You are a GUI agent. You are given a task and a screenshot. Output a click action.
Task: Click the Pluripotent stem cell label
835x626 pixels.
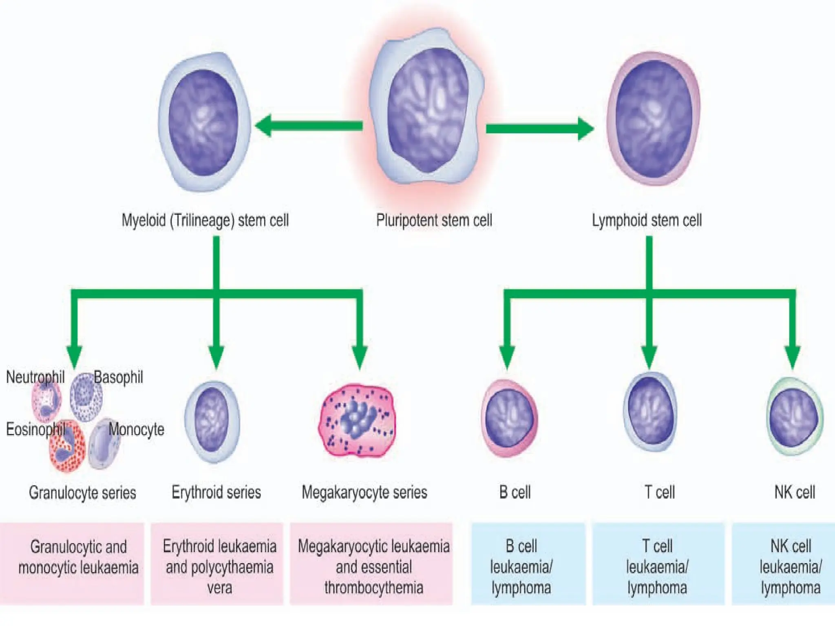[434, 220]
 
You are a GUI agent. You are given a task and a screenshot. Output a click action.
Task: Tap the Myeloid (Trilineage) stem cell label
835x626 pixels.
[205, 220]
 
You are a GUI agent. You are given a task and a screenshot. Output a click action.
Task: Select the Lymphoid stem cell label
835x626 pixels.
[647, 220]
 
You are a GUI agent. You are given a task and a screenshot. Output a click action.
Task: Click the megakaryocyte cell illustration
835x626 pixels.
[357, 421]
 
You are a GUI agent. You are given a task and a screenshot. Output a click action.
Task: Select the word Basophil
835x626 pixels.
[118, 377]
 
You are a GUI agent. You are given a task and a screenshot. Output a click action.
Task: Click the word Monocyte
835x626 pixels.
[136, 429]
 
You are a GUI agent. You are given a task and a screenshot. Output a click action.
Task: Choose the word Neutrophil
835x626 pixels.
[35, 377]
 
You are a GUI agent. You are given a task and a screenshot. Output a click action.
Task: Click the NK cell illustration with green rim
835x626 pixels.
[794, 417]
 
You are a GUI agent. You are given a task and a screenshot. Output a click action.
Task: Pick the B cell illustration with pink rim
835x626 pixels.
[510, 418]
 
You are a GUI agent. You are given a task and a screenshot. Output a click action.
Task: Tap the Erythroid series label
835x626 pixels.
[216, 492]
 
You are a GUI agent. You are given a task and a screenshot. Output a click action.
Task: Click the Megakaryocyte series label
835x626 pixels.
[364, 492]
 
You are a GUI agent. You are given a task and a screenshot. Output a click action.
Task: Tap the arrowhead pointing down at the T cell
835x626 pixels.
[649, 357]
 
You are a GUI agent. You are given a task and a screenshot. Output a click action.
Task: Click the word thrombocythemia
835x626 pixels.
[373, 588]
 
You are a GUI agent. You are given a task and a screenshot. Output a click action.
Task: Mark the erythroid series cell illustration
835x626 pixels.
[212, 421]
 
